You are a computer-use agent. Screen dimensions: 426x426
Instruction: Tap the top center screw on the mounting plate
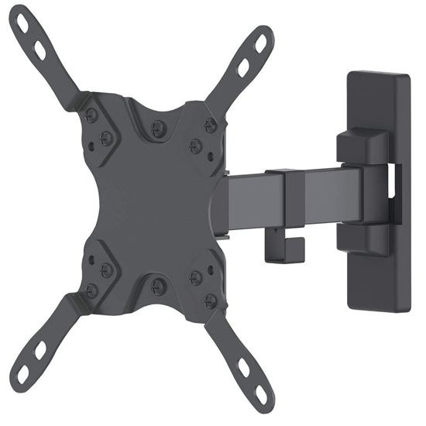click(x=157, y=127)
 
